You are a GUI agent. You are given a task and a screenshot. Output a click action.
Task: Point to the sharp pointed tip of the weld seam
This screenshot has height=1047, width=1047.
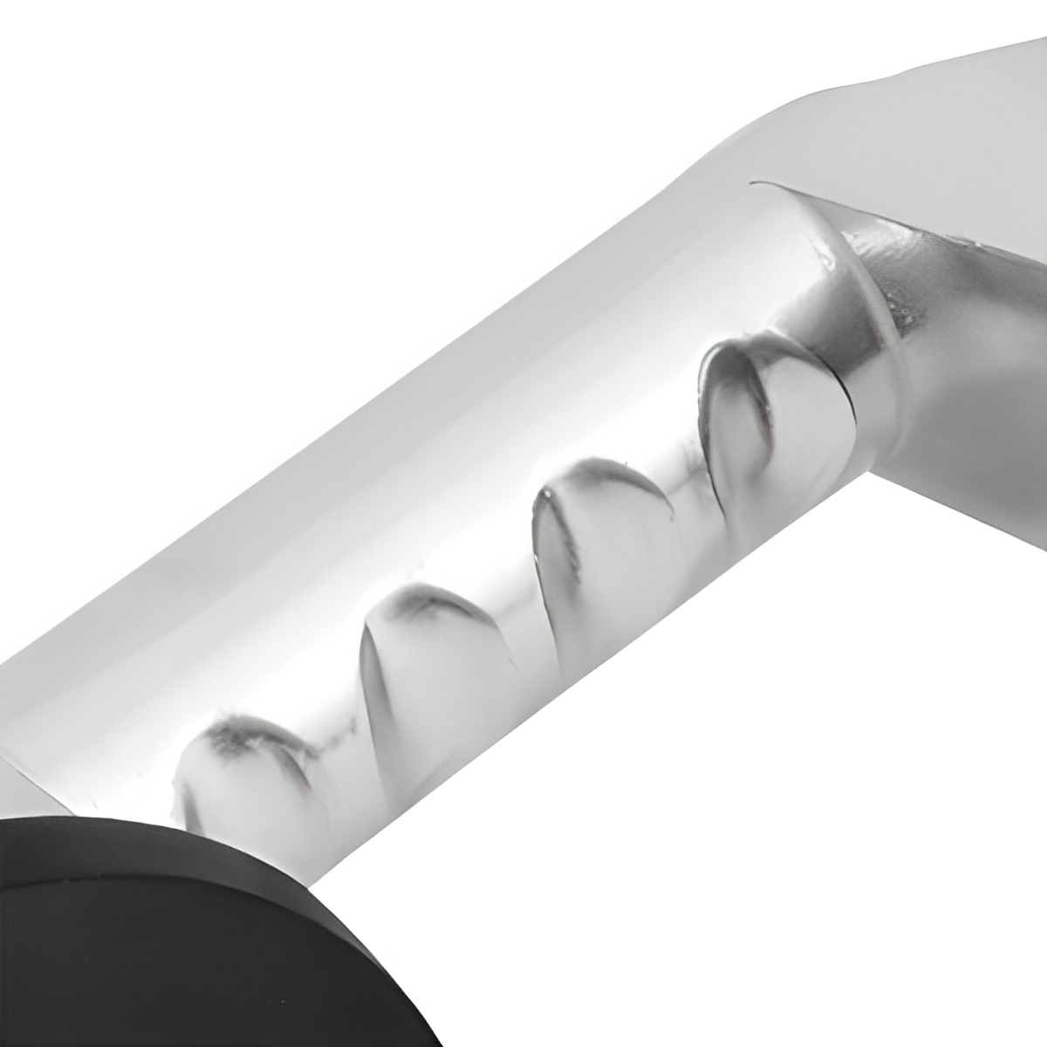click(754, 182)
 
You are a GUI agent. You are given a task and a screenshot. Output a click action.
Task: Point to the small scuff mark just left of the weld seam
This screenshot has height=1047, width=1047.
click(820, 253)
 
